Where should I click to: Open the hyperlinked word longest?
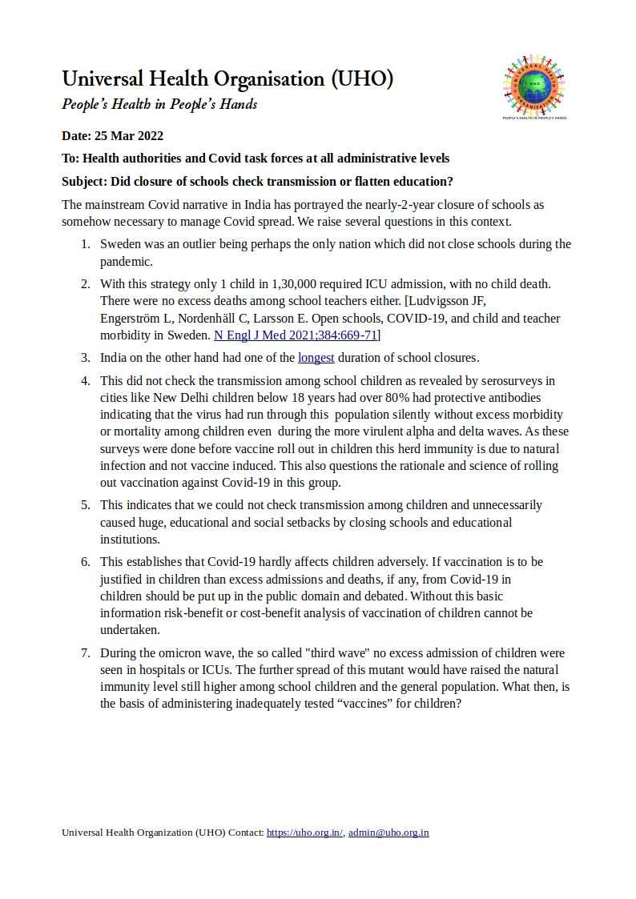(x=316, y=357)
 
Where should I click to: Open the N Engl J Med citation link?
(x=296, y=335)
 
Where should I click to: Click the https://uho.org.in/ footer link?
(x=304, y=833)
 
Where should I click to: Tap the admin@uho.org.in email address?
(x=388, y=833)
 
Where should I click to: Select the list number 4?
(x=85, y=380)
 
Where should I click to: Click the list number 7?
(x=85, y=652)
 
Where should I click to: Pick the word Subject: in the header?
(x=85, y=181)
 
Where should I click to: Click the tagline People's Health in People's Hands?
(x=159, y=105)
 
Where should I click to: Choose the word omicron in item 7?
(x=181, y=652)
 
